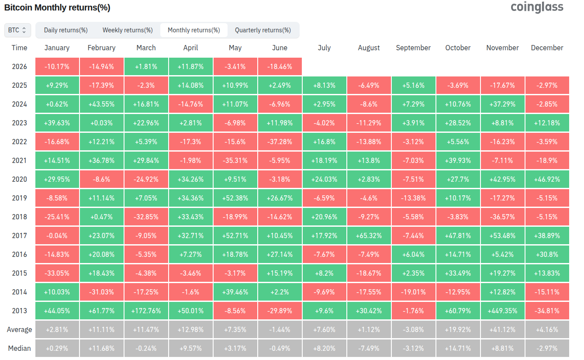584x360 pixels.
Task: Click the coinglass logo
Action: pos(537,7)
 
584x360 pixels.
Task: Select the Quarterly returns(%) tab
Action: pos(263,30)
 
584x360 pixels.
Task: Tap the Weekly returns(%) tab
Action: pos(128,30)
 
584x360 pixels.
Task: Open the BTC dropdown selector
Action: pos(17,30)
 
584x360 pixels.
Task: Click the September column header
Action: pos(413,48)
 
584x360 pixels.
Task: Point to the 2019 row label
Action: pos(19,198)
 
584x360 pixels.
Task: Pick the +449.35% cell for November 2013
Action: pos(502,311)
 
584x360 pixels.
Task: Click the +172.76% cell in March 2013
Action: pos(146,311)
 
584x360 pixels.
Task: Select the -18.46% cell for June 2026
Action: pos(280,66)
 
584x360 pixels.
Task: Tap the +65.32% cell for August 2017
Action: pos(369,235)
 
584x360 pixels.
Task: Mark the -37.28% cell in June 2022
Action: pos(280,142)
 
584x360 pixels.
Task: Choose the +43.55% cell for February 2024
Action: pos(101,104)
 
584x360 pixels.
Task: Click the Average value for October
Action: pos(458,329)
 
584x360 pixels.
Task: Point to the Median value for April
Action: pos(190,348)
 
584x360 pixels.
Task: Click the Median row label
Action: pos(19,348)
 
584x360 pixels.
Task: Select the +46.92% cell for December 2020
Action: pos(547,180)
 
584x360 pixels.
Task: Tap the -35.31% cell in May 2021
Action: pos(235,160)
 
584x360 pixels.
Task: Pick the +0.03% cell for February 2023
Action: pos(101,123)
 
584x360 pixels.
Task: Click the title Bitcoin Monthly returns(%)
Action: pos(57,7)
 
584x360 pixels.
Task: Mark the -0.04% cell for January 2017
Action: pos(57,235)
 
